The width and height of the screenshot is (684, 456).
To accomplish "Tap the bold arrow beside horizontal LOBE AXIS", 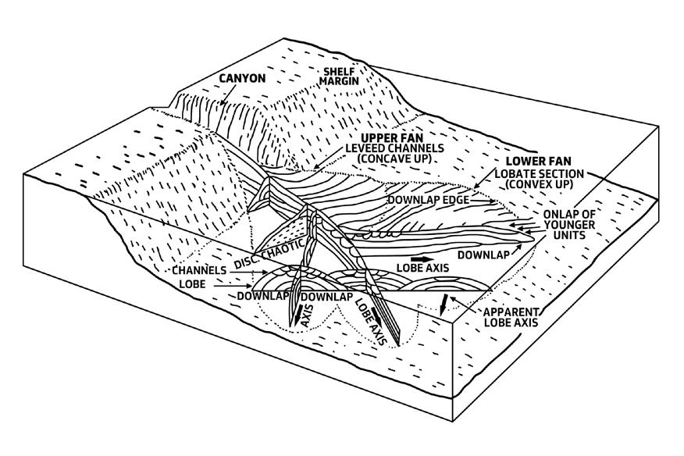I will pyautogui.click(x=421, y=258).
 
